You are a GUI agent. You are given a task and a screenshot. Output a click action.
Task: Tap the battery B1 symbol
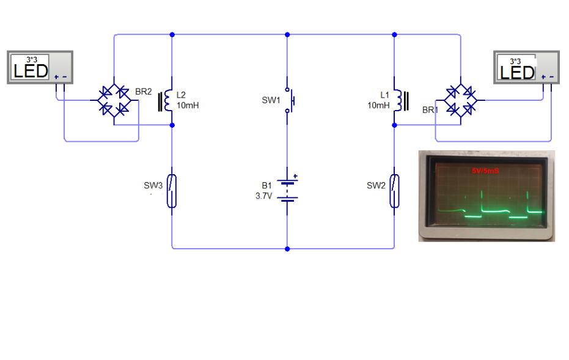point(287,191)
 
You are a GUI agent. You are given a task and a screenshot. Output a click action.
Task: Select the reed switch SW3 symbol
point(172,191)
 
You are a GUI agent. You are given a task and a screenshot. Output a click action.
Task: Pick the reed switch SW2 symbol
point(394,191)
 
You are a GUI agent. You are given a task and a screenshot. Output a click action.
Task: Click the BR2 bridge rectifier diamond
point(114,100)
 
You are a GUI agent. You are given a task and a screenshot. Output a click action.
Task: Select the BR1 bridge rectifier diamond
point(461,100)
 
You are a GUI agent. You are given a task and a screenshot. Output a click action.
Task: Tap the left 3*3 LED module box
point(40,67)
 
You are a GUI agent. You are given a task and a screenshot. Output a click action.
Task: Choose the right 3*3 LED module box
point(527,67)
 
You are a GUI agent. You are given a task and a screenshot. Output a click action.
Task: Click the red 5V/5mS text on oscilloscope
point(485,171)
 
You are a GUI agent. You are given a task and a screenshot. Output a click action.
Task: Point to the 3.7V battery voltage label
point(264,196)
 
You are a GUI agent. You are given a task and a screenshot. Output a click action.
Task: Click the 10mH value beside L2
point(188,105)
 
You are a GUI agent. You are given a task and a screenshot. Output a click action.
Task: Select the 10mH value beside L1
point(378,105)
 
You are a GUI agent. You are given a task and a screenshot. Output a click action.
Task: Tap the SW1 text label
point(271,100)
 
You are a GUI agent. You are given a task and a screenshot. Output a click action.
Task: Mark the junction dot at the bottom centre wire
point(287,249)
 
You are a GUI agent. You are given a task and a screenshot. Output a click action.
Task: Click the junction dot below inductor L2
point(172,125)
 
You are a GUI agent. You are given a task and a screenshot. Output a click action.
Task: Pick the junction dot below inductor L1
point(394,125)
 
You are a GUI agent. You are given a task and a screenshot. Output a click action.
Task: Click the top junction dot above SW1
point(287,34)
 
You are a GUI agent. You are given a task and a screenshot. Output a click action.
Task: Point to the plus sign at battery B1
point(295,177)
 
